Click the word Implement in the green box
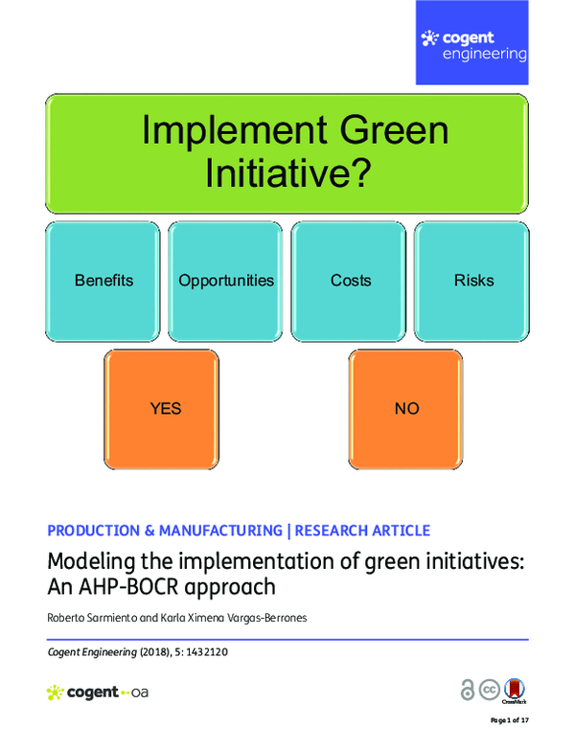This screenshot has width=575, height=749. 216,130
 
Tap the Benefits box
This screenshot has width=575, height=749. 103,281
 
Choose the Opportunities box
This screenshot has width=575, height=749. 226,281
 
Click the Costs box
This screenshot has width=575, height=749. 350,281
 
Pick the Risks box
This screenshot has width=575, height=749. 473,281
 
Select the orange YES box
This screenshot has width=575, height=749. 165,409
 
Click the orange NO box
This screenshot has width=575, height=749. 406,409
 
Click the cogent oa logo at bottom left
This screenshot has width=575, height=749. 97,692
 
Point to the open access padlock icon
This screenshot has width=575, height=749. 468,691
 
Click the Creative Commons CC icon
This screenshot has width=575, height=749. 490,691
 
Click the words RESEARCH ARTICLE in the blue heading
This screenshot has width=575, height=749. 362,531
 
